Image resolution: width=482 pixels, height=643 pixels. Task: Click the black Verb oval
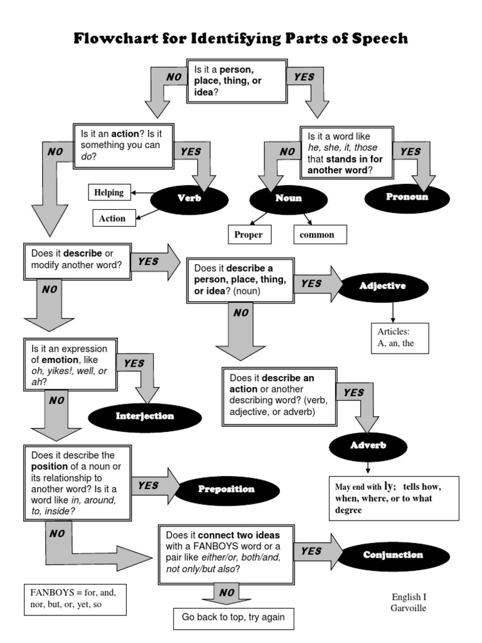pos(184,198)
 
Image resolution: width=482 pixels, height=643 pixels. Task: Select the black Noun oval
pos(288,198)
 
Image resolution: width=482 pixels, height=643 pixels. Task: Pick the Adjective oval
pos(383,286)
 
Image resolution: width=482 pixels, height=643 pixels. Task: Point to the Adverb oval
pos(368,445)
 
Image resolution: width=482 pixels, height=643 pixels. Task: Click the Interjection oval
pos(145,416)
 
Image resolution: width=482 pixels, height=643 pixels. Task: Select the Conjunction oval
pos(393,555)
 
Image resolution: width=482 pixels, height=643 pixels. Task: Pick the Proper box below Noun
pos(248,235)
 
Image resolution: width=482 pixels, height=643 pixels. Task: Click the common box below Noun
pos(317,235)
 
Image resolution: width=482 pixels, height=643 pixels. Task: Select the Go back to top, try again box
pos(233,617)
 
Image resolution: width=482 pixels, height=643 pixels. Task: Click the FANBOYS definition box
pos(75,599)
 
